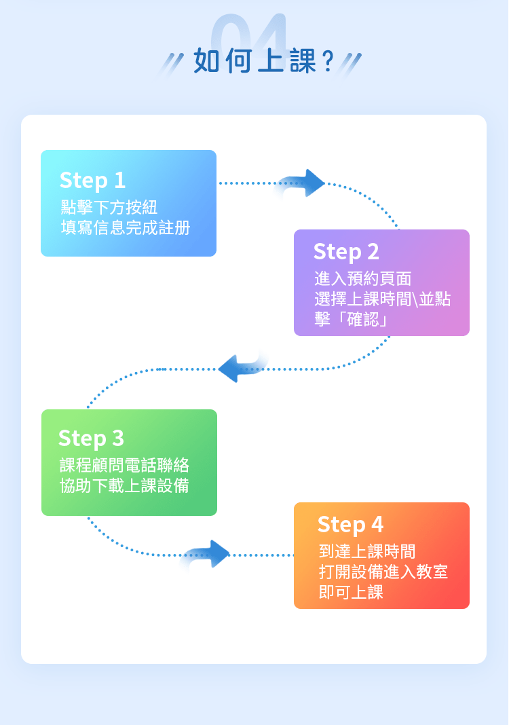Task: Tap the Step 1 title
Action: tap(92, 180)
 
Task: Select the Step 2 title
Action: tap(346, 252)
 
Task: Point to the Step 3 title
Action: tap(91, 438)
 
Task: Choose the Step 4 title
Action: tap(350, 524)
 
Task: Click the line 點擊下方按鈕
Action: tap(109, 206)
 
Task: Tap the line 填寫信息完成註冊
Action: tap(125, 227)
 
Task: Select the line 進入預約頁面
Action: tap(362, 278)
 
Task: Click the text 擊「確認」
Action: tap(352, 319)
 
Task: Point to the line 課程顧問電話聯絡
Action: tap(124, 465)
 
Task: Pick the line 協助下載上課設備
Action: tap(124, 486)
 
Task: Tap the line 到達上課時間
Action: tap(366, 551)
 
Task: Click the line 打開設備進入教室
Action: tap(383, 572)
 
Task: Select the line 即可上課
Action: tap(351, 593)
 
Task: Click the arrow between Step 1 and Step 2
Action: tap(301, 183)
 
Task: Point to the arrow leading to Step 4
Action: tap(208, 554)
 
